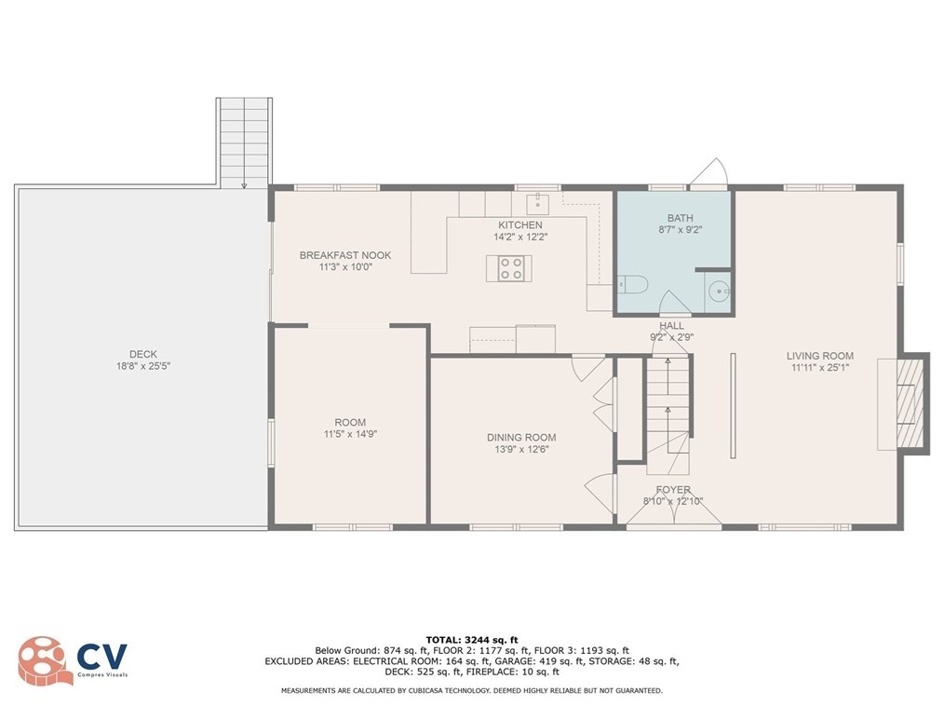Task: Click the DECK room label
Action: point(143,354)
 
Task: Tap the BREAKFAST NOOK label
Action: point(344,254)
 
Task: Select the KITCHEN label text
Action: point(519,225)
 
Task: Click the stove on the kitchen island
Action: point(510,268)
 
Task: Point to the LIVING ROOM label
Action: point(819,356)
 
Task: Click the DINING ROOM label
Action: point(521,438)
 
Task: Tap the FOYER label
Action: point(673,490)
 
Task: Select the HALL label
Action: point(671,326)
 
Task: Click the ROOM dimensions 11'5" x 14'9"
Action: point(350,434)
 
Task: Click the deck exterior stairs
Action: point(244,140)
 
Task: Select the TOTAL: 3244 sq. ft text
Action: point(471,640)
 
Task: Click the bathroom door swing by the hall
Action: point(674,304)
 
